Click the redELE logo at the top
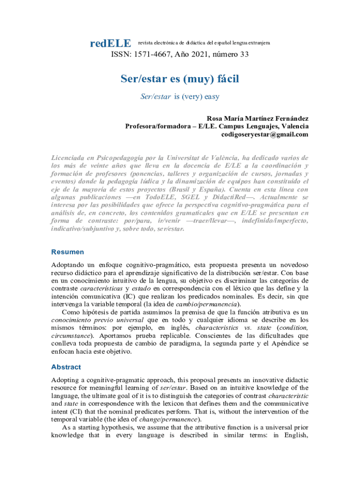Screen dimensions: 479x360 110,44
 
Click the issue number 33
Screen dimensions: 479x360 244,54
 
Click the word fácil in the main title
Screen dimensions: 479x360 224,79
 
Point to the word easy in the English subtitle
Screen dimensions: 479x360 211,97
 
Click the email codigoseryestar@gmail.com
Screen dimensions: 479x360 265,134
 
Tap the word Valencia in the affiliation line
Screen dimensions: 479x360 293,126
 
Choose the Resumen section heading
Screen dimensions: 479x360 68,252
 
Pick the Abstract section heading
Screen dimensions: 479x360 66,367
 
